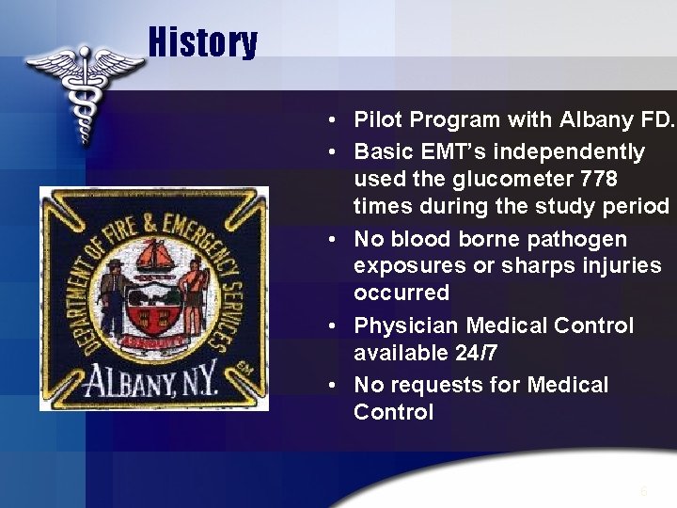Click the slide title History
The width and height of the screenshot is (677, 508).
[x=202, y=42]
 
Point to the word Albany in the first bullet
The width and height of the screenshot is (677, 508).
[x=596, y=119]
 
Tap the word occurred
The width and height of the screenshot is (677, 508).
[x=401, y=293]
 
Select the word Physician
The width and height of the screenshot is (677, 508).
[x=404, y=325]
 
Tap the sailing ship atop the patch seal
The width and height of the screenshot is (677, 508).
[x=156, y=255]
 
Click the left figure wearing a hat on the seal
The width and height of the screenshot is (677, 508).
[x=115, y=299]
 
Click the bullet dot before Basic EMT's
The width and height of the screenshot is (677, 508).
[x=335, y=152]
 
